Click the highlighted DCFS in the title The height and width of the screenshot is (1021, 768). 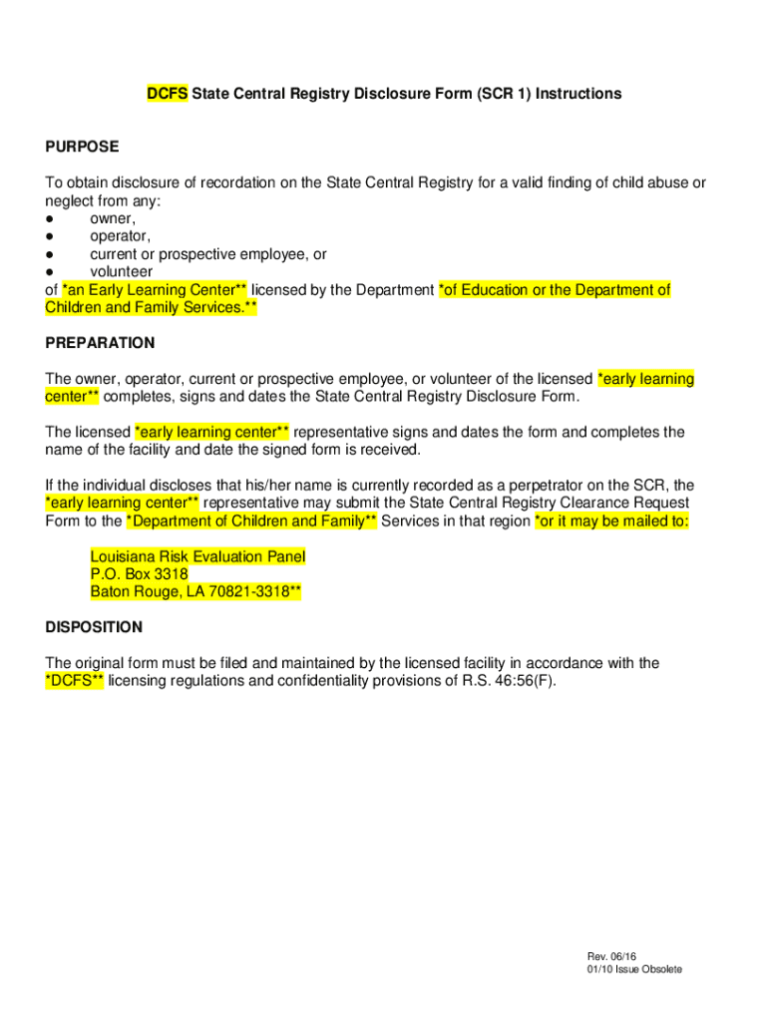click(x=168, y=94)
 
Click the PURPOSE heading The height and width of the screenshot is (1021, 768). click(x=82, y=147)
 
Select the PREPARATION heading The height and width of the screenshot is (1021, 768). click(x=100, y=343)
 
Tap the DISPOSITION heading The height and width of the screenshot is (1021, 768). click(x=94, y=627)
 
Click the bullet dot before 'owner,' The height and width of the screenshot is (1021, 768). click(x=50, y=218)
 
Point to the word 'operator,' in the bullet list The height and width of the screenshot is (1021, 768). click(x=121, y=236)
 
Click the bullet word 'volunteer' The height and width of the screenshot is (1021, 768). click(x=122, y=271)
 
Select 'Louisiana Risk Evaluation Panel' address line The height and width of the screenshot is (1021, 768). click(x=197, y=556)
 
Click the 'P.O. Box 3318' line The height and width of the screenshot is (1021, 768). click(x=139, y=574)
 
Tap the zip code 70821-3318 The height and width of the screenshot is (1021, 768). click(x=251, y=592)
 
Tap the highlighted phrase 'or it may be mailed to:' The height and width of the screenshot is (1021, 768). click(x=611, y=521)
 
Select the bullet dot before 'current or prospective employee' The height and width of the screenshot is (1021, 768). click(x=50, y=254)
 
